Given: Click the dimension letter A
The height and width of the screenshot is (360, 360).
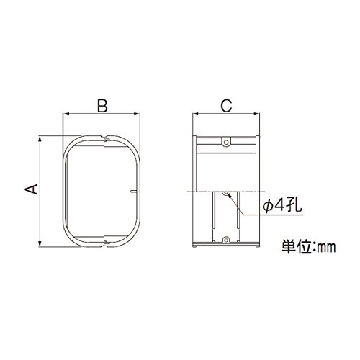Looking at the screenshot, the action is pos(32,189).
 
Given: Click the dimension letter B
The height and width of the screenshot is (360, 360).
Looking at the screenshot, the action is pos(102,106).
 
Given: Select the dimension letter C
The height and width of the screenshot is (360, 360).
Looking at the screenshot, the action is pos(226,106).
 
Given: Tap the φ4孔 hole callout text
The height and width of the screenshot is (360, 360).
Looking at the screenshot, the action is pos(282,205).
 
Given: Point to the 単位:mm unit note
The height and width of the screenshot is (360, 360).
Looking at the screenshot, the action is pos(308,246).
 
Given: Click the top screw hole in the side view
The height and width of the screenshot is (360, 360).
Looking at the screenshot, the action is pos(226,142).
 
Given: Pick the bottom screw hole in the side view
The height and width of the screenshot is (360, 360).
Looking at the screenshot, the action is pos(225,240).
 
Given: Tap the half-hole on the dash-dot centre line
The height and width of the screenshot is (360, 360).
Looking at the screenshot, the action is pos(225,193).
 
